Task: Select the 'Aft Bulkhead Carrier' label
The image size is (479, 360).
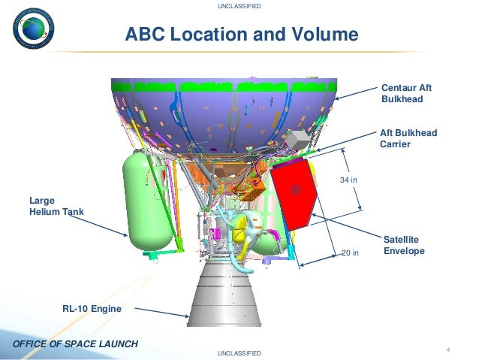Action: (x=408, y=139)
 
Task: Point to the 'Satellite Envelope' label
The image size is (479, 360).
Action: (x=404, y=245)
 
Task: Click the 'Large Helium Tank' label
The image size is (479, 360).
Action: (x=56, y=206)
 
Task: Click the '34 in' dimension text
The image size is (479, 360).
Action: (x=348, y=181)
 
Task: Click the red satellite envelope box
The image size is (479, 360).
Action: (x=294, y=195)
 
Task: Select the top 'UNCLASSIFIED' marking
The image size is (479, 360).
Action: (x=239, y=6)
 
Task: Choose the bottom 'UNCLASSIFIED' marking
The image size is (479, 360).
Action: (x=239, y=352)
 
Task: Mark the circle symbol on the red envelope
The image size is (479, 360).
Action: (x=296, y=190)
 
